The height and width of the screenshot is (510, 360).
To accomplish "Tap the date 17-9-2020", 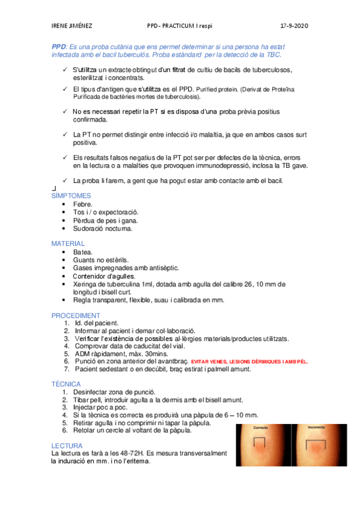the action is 294,26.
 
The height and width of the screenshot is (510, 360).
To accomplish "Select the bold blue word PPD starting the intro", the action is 58,46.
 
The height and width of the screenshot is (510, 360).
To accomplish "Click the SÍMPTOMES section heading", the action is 72,195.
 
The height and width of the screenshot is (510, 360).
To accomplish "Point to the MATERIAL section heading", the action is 68,244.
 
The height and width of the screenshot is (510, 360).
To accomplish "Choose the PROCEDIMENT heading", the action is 75,315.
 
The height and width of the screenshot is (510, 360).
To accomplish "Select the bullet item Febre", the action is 82,204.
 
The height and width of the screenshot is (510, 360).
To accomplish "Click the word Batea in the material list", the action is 82,252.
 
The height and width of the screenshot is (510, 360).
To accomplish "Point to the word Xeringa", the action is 87,284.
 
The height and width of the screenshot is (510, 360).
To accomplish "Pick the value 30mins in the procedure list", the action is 153,354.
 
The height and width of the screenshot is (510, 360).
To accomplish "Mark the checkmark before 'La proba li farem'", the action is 64,180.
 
